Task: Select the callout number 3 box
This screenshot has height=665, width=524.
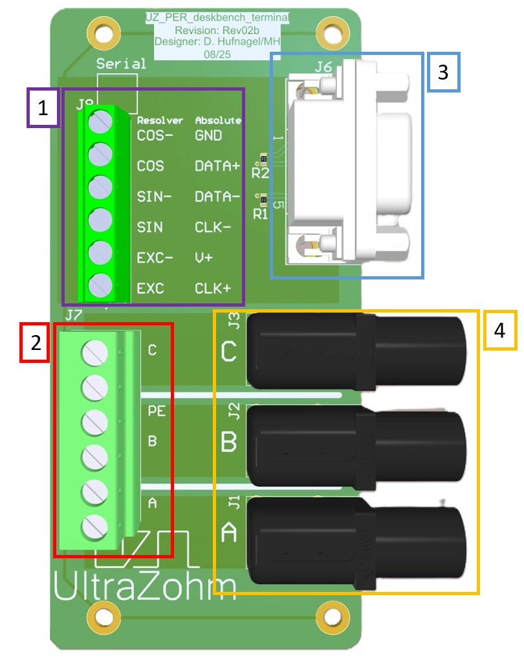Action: (444, 72)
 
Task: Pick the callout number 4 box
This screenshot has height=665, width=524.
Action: (500, 331)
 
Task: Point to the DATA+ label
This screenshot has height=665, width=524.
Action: (217, 166)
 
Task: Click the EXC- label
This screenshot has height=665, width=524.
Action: (155, 257)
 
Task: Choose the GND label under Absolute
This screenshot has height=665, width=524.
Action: (208, 136)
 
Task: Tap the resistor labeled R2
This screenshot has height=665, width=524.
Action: (263, 158)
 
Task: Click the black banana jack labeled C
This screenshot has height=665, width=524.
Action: (356, 351)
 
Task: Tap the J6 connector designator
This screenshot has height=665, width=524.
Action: (323, 67)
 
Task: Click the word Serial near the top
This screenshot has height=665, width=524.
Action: (121, 63)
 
